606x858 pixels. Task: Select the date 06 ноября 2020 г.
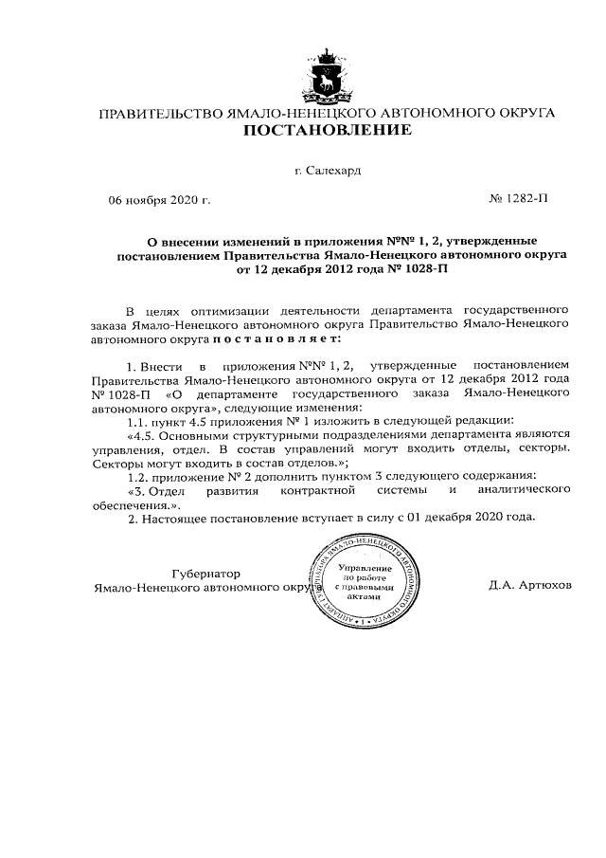click(159, 201)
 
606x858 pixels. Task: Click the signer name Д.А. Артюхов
click(530, 586)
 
